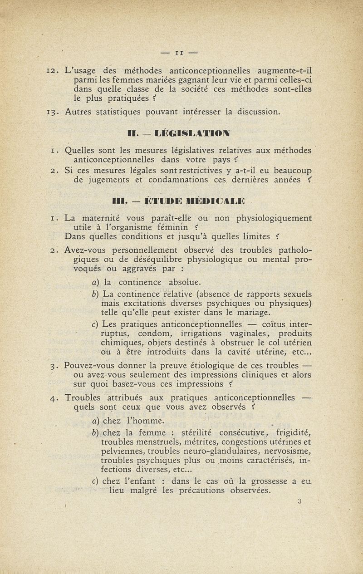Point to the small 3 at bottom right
point(300,501)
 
